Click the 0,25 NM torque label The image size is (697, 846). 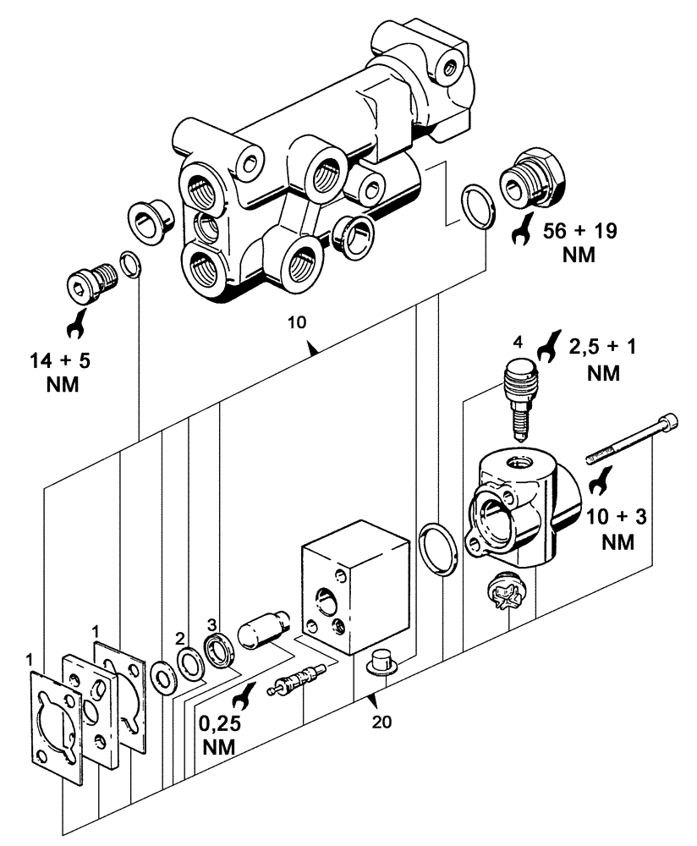point(217,736)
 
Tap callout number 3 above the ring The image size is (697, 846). point(211,624)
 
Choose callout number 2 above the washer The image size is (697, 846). point(180,636)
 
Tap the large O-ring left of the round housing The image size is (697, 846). point(438,549)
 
